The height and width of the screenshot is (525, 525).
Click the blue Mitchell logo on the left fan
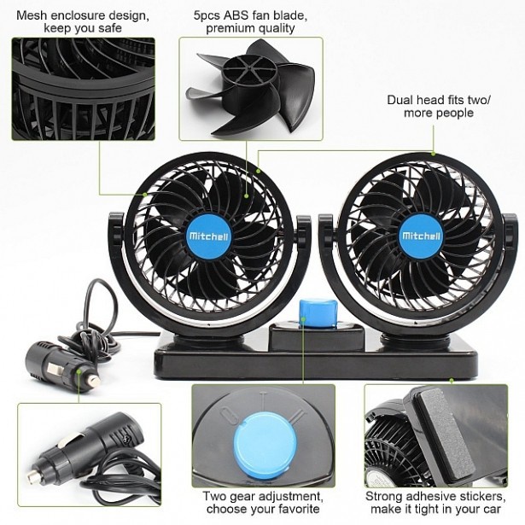pos(208,236)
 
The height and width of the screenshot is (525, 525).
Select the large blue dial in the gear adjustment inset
pos(265,445)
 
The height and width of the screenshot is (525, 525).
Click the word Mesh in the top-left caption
pos(32,15)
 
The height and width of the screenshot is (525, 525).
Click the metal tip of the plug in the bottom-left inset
pos(33,475)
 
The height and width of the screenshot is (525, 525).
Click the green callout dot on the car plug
pos(79,371)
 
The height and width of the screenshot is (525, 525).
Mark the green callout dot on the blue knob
pos(303,318)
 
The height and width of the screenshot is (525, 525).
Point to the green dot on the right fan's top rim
pos(434,154)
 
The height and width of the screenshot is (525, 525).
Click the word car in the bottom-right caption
pos(492,509)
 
